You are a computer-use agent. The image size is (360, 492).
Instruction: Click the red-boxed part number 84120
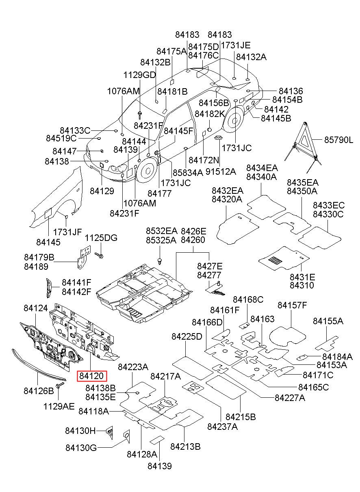click(x=91, y=376)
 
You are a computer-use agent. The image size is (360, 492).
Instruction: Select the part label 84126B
click(x=39, y=391)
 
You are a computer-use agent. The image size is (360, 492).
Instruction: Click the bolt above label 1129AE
click(x=59, y=385)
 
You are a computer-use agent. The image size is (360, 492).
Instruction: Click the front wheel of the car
click(x=147, y=171)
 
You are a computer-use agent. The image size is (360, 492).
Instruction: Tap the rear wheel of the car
click(x=234, y=120)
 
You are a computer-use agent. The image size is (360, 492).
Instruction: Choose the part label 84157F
click(x=292, y=305)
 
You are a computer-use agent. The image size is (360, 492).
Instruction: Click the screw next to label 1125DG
click(x=99, y=255)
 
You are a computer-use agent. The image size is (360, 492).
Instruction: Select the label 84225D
click(x=187, y=336)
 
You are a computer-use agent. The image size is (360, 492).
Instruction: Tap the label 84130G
click(x=81, y=447)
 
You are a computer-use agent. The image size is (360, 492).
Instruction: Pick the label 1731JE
click(x=235, y=45)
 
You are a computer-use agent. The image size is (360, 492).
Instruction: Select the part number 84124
click(x=36, y=308)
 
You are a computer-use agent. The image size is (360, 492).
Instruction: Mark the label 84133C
click(x=75, y=130)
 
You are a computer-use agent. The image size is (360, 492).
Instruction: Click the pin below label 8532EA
click(x=160, y=261)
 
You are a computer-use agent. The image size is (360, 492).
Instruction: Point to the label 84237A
click(x=223, y=427)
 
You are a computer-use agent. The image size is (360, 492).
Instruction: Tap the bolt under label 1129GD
click(x=140, y=115)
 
